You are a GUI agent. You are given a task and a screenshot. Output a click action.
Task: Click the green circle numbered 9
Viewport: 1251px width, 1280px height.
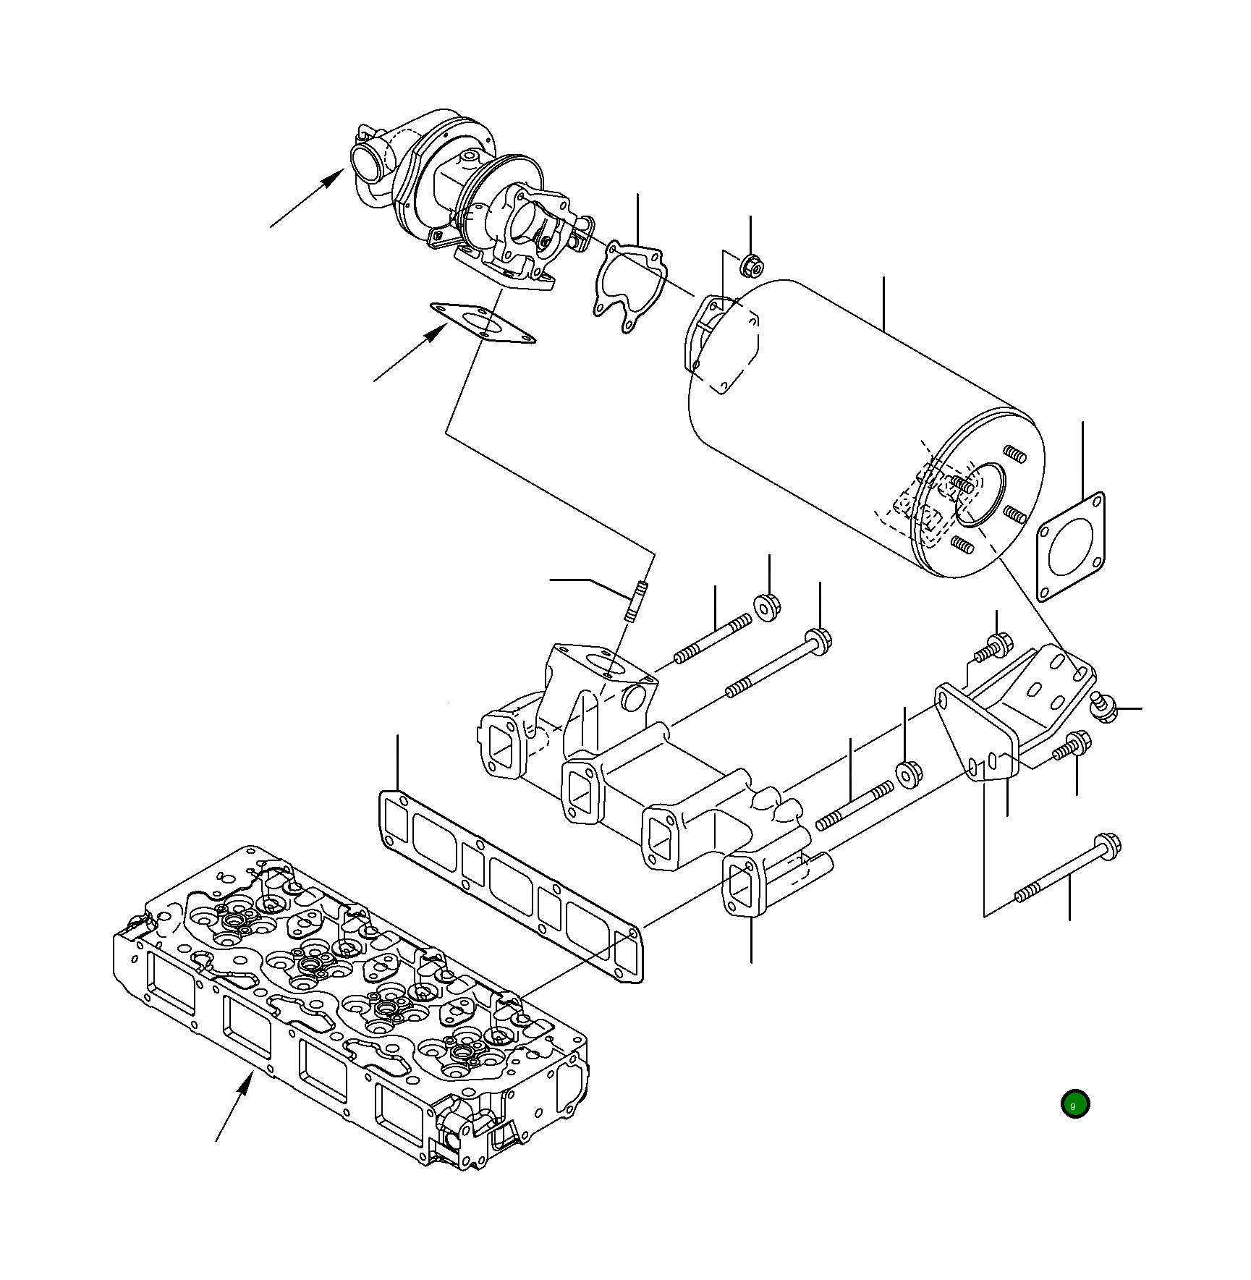click(1074, 1104)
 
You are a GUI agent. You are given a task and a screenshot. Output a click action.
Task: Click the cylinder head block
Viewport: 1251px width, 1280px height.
click(347, 1013)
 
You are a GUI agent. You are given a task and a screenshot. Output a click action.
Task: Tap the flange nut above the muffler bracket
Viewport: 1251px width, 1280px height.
click(751, 266)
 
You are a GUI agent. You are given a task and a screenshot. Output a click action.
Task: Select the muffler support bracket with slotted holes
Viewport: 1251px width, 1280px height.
click(1013, 716)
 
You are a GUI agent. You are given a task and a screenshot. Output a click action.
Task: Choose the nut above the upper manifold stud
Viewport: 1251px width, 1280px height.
click(768, 606)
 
